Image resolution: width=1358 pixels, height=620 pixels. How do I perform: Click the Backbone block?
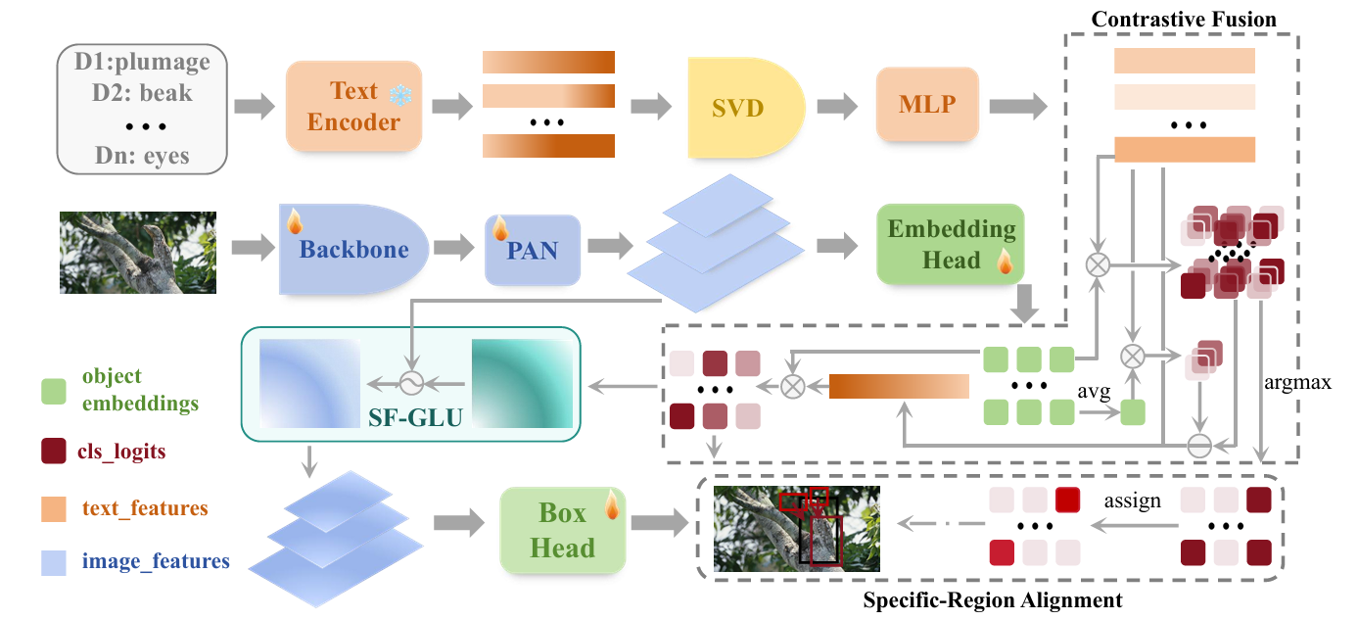pyautogui.click(x=353, y=249)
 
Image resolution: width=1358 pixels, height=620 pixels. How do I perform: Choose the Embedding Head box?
pyautogui.click(x=951, y=244)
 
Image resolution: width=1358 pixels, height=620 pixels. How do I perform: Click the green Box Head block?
pyautogui.click(x=562, y=531)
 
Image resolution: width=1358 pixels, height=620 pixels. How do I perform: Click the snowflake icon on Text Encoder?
pyautogui.click(x=401, y=95)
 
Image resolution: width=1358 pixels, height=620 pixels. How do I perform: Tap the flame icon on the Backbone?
pyautogui.click(x=292, y=220)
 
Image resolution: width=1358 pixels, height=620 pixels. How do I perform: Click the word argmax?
pyautogui.click(x=1298, y=383)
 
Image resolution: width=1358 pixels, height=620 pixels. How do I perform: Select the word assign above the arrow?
pyautogui.click(x=1132, y=501)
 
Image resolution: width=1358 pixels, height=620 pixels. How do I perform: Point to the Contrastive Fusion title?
pyautogui.click(x=1184, y=20)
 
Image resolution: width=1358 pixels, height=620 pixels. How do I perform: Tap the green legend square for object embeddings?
pyautogui.click(x=55, y=390)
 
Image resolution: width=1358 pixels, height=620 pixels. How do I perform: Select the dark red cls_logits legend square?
pyautogui.click(x=55, y=452)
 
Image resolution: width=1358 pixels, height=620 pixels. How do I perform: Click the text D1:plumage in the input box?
pyautogui.click(x=142, y=63)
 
